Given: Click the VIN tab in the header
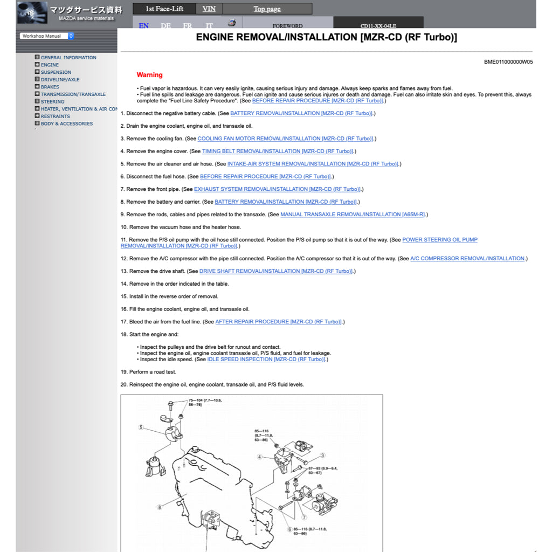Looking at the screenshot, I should coord(209,9).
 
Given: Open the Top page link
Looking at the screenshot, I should coord(267,9).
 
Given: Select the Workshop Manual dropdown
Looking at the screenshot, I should coord(47,36).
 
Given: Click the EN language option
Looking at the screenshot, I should coord(144,25).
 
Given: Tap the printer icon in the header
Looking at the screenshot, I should coord(231,23).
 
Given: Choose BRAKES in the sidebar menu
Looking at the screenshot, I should coord(50,87).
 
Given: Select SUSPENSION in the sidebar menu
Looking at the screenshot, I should coord(56,72).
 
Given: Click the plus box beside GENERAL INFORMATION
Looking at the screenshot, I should coord(37,57).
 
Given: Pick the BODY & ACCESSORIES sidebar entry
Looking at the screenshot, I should coord(66,123).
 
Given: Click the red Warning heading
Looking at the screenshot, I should coord(149,75).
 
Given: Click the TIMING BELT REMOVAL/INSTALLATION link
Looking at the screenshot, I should coord(278,151).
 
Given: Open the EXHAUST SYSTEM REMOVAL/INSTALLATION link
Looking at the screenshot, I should coord(277,189).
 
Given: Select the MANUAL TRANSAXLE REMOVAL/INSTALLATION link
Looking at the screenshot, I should coord(353,215).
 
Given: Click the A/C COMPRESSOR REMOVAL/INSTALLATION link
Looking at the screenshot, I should coord(467,259).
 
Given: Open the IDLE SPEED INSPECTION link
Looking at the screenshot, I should coord(266,360).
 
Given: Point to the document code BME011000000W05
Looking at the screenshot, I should coord(508,62).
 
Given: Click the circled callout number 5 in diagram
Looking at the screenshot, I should coord(141,427).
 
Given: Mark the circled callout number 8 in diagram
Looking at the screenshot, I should coord(160,507).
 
